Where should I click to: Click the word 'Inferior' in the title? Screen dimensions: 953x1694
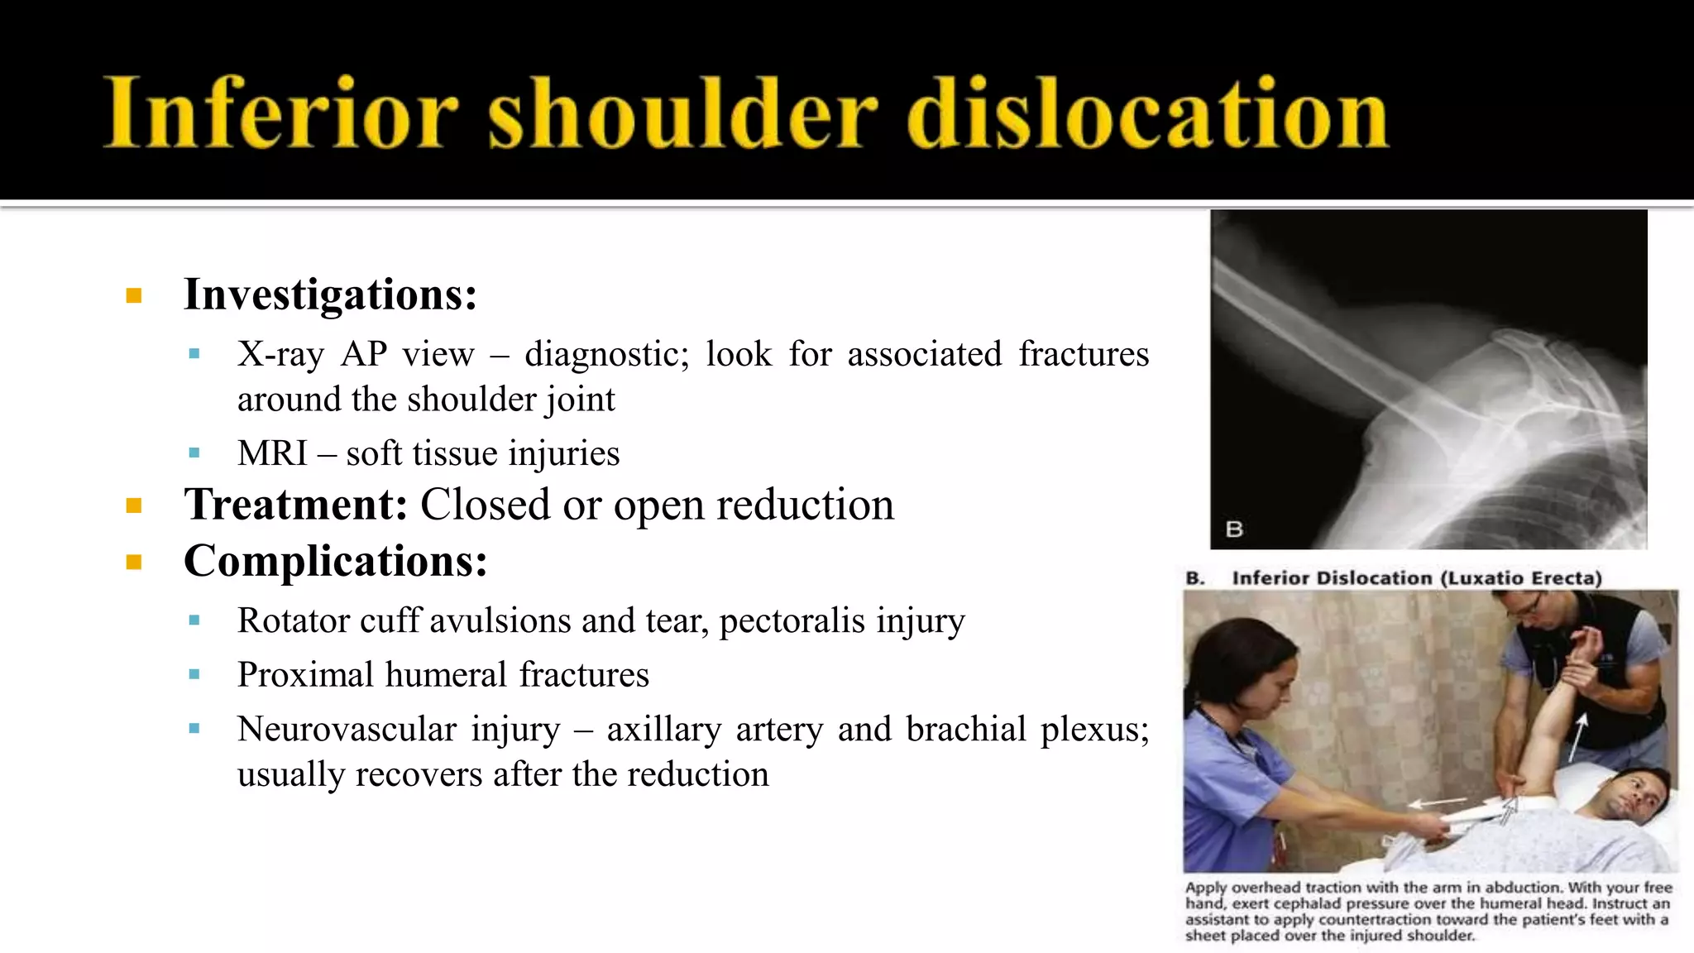[x=281, y=113]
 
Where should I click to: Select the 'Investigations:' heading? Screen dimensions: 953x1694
[x=330, y=294]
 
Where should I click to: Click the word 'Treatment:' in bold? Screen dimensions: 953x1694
[x=295, y=504]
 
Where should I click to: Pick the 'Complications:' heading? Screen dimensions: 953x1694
[x=335, y=561]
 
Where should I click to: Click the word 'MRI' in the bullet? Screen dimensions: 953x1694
[x=272, y=453]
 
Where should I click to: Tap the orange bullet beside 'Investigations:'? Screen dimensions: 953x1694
[x=134, y=295]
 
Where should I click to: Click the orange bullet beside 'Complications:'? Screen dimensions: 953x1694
[x=134, y=563]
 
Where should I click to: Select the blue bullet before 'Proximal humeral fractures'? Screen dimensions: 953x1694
[x=194, y=674]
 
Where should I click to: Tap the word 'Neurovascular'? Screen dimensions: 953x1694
[x=346, y=729]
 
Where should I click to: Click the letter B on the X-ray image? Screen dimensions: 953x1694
[x=1234, y=529]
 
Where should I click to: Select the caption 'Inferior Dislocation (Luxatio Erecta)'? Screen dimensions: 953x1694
[x=1416, y=577]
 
